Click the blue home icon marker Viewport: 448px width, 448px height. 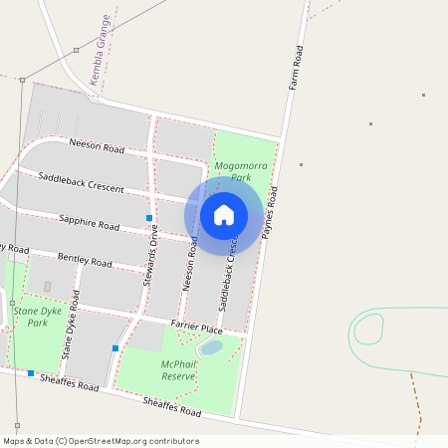(x=224, y=215)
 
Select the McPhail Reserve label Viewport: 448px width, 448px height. (x=177, y=370)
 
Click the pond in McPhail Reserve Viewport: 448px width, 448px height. (x=211, y=347)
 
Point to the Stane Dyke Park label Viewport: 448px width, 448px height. (x=32, y=317)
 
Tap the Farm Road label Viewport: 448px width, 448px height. (x=296, y=69)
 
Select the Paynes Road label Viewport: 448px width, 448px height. (x=270, y=211)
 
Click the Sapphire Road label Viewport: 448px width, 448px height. (x=89, y=221)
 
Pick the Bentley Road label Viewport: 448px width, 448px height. (x=85, y=261)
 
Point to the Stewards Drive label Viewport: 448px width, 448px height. (x=150, y=257)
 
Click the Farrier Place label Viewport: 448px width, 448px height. (x=195, y=328)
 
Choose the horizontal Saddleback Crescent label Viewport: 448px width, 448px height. (x=81, y=182)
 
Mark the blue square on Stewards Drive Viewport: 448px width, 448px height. (x=149, y=217)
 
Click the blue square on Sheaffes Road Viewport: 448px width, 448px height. (x=31, y=373)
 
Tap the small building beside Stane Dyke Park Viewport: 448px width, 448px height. (x=47, y=287)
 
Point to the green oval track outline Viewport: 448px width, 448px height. (x=368, y=329)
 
